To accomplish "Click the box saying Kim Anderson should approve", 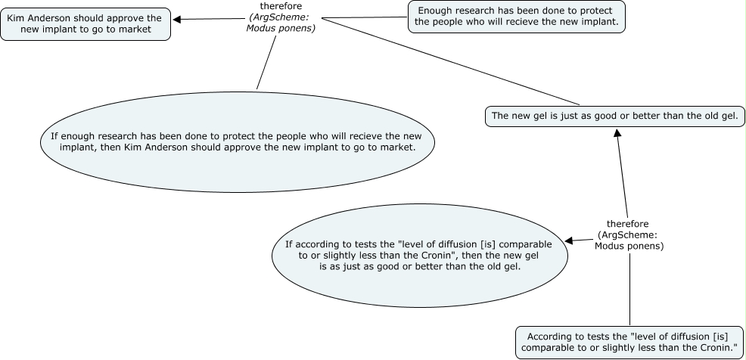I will click(85, 23).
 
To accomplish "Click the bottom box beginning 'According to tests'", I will click(631, 342).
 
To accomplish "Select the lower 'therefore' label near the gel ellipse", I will click(629, 234).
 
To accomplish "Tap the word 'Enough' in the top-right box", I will click(436, 10).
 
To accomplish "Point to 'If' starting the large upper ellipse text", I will click(54, 136).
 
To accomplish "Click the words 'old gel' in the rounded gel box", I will click(722, 116).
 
